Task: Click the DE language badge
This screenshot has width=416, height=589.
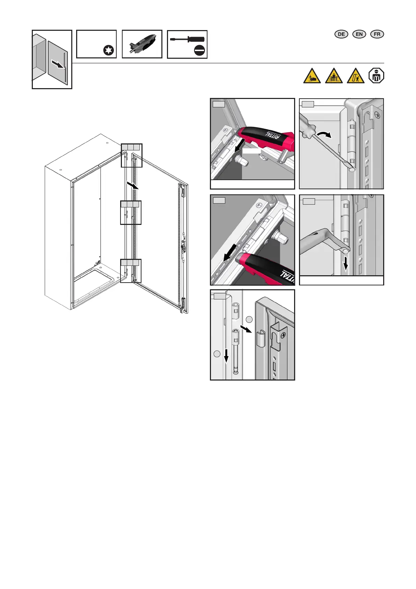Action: pyautogui.click(x=341, y=34)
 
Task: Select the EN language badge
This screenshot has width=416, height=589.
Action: pyautogui.click(x=359, y=34)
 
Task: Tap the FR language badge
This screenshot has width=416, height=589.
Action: pyautogui.click(x=377, y=34)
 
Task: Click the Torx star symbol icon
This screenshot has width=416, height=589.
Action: pyautogui.click(x=109, y=50)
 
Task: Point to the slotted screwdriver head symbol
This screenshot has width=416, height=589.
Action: pyautogui.click(x=199, y=50)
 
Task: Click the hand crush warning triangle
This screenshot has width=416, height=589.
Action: pyautogui.click(x=312, y=76)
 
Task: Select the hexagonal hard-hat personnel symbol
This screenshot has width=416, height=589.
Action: pyautogui.click(x=376, y=76)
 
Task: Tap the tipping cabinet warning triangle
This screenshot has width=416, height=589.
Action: pyautogui.click(x=356, y=76)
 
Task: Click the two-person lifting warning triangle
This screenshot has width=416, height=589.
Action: pyautogui.click(x=334, y=76)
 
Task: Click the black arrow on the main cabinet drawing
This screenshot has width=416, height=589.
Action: pyautogui.click(x=133, y=185)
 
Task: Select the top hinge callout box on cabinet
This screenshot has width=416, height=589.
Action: pyautogui.click(x=132, y=155)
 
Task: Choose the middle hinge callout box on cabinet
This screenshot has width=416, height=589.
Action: pyautogui.click(x=131, y=212)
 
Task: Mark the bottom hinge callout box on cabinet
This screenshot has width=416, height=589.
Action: pyautogui.click(x=131, y=271)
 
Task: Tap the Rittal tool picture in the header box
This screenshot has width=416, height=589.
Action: pyautogui.click(x=143, y=44)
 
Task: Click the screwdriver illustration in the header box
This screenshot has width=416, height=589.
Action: pyautogui.click(x=187, y=40)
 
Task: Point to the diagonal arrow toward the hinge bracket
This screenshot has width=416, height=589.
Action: pyautogui.click(x=246, y=329)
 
